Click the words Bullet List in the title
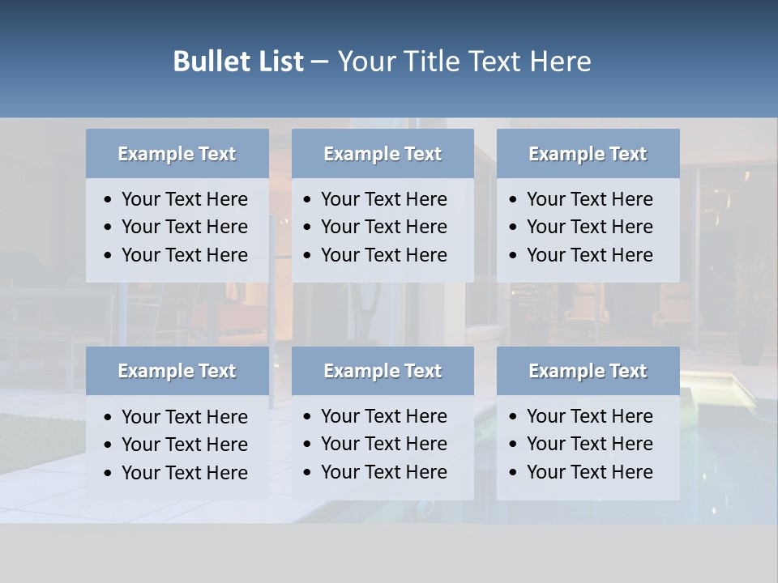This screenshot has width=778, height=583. pyautogui.click(x=238, y=62)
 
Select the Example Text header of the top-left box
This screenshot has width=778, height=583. pyautogui.click(x=177, y=154)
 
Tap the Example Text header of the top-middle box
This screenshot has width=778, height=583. pyautogui.click(x=383, y=154)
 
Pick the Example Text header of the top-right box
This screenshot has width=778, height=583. pyautogui.click(x=588, y=154)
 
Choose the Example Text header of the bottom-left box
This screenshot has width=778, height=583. pyautogui.click(x=177, y=371)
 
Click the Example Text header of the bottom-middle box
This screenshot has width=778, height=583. pyautogui.click(x=383, y=371)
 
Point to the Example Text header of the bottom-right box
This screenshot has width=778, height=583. pyautogui.click(x=588, y=371)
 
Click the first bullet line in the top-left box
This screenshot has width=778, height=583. pyautogui.click(x=184, y=199)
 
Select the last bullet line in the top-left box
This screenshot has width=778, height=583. pyautogui.click(x=184, y=255)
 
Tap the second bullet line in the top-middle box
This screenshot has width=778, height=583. pyautogui.click(x=383, y=227)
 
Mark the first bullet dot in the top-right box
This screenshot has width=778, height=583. pyautogui.click(x=514, y=200)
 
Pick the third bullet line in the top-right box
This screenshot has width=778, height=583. pyautogui.click(x=589, y=255)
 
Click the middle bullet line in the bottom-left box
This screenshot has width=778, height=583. pyautogui.click(x=184, y=445)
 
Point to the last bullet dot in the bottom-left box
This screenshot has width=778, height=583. pyautogui.click(x=109, y=473)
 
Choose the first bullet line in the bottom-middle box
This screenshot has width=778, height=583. pyautogui.click(x=383, y=416)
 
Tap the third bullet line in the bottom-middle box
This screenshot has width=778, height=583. pyautogui.click(x=383, y=472)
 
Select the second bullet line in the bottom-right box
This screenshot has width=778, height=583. pyautogui.click(x=589, y=444)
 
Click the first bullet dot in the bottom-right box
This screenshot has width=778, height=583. pyautogui.click(x=514, y=417)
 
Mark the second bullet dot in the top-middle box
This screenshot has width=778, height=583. pyautogui.click(x=308, y=228)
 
